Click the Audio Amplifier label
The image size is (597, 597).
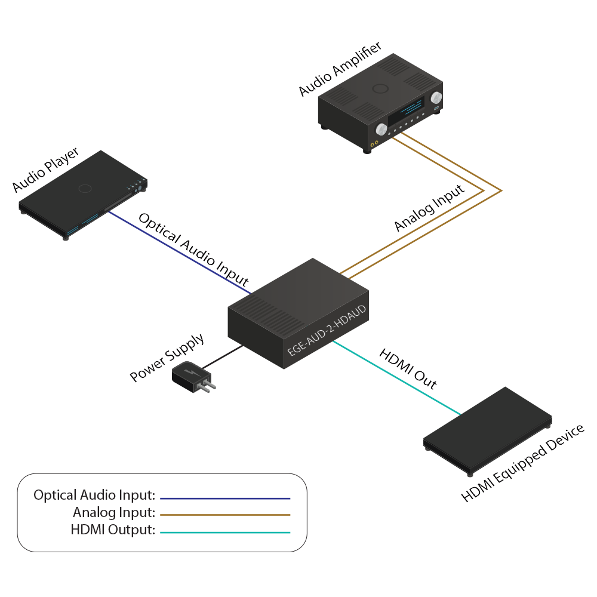click(340, 70)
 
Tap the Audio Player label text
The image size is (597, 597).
click(46, 171)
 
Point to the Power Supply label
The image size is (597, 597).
click(167, 358)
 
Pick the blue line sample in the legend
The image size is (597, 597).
click(225, 497)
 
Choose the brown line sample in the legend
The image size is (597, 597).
click(225, 514)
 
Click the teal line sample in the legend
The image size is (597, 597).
click(225, 532)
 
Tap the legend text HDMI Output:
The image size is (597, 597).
click(113, 530)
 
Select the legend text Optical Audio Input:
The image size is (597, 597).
click(94, 495)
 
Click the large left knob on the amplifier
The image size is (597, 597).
click(381, 128)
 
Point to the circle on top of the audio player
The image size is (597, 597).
click(84, 189)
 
